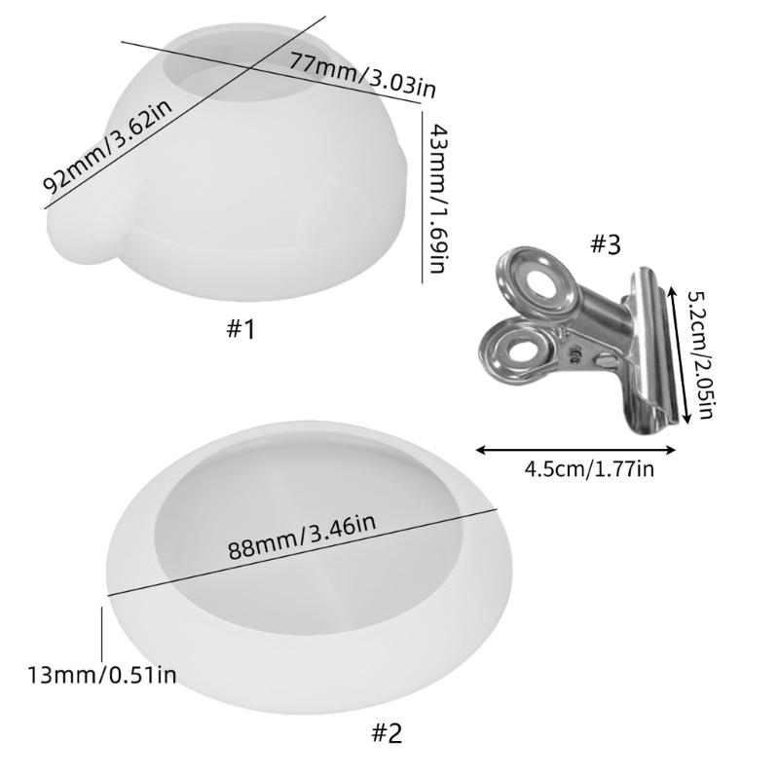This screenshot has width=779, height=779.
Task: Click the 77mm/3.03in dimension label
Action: coord(363,75)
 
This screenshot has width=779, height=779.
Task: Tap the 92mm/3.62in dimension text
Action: coord(108,147)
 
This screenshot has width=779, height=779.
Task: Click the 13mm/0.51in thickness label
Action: coord(102,676)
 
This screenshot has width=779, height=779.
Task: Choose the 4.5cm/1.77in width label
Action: coord(589,469)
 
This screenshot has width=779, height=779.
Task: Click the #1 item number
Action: coord(241,329)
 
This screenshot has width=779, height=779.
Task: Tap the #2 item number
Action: coord(387,732)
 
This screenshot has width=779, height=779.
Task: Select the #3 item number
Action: coord(606,244)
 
